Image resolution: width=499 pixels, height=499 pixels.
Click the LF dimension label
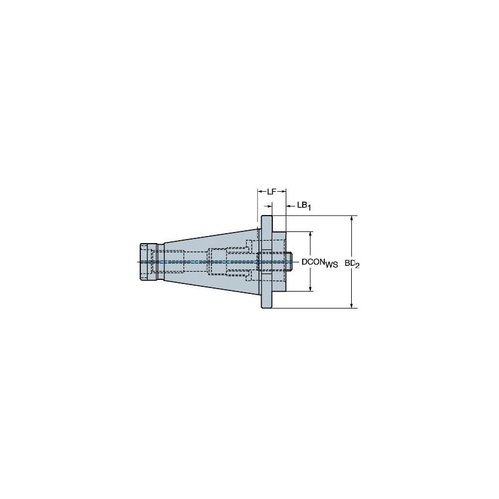tap(272, 191)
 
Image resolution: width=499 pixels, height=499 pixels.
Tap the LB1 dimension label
tap(304, 205)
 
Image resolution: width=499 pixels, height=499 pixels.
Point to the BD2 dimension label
tap(351, 264)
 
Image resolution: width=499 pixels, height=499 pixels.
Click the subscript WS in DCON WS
tap(331, 265)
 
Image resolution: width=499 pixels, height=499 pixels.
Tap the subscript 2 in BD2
tap(356, 265)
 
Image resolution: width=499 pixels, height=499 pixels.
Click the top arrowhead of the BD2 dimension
tap(352, 219)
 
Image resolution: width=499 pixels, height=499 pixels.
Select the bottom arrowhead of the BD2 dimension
tap(352, 304)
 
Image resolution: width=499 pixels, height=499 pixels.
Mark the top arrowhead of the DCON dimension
tap(310, 234)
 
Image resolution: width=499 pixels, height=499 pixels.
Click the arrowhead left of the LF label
tap(260, 191)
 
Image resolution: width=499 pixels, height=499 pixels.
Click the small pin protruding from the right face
tap(289, 261)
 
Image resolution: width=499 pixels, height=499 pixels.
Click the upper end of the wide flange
tap(266, 221)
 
